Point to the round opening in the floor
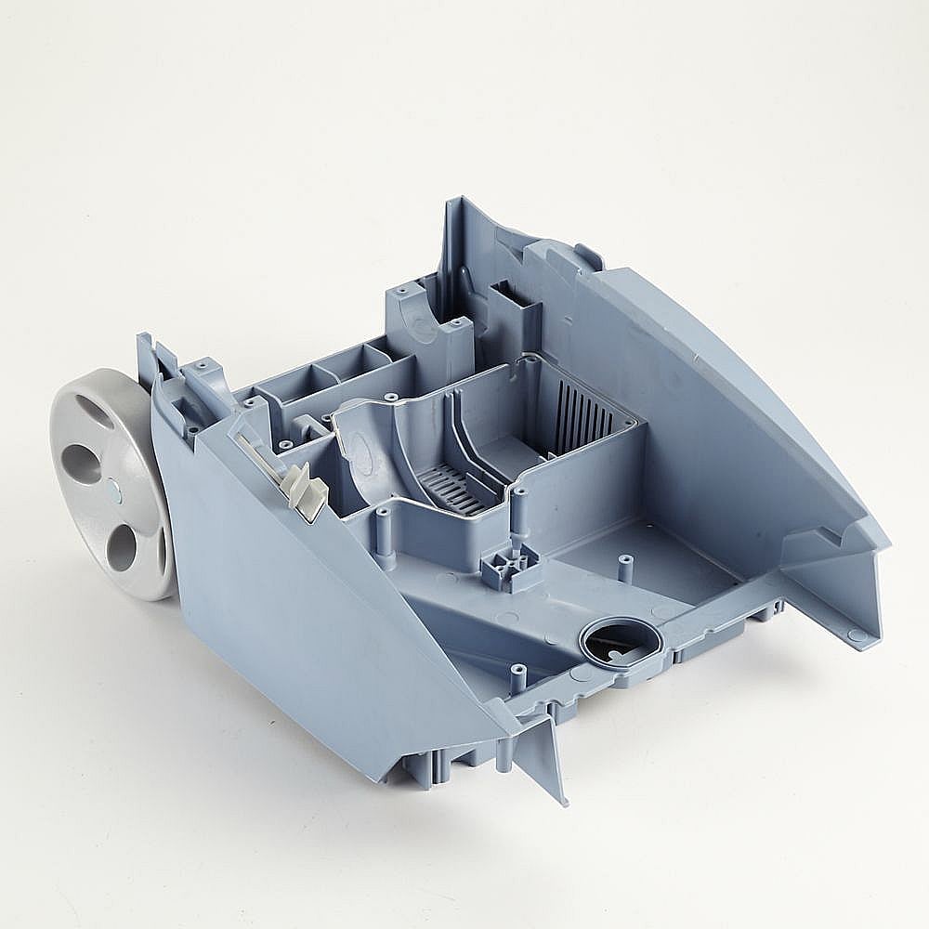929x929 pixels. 620,640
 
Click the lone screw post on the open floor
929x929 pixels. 625,566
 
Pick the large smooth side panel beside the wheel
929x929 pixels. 307,595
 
